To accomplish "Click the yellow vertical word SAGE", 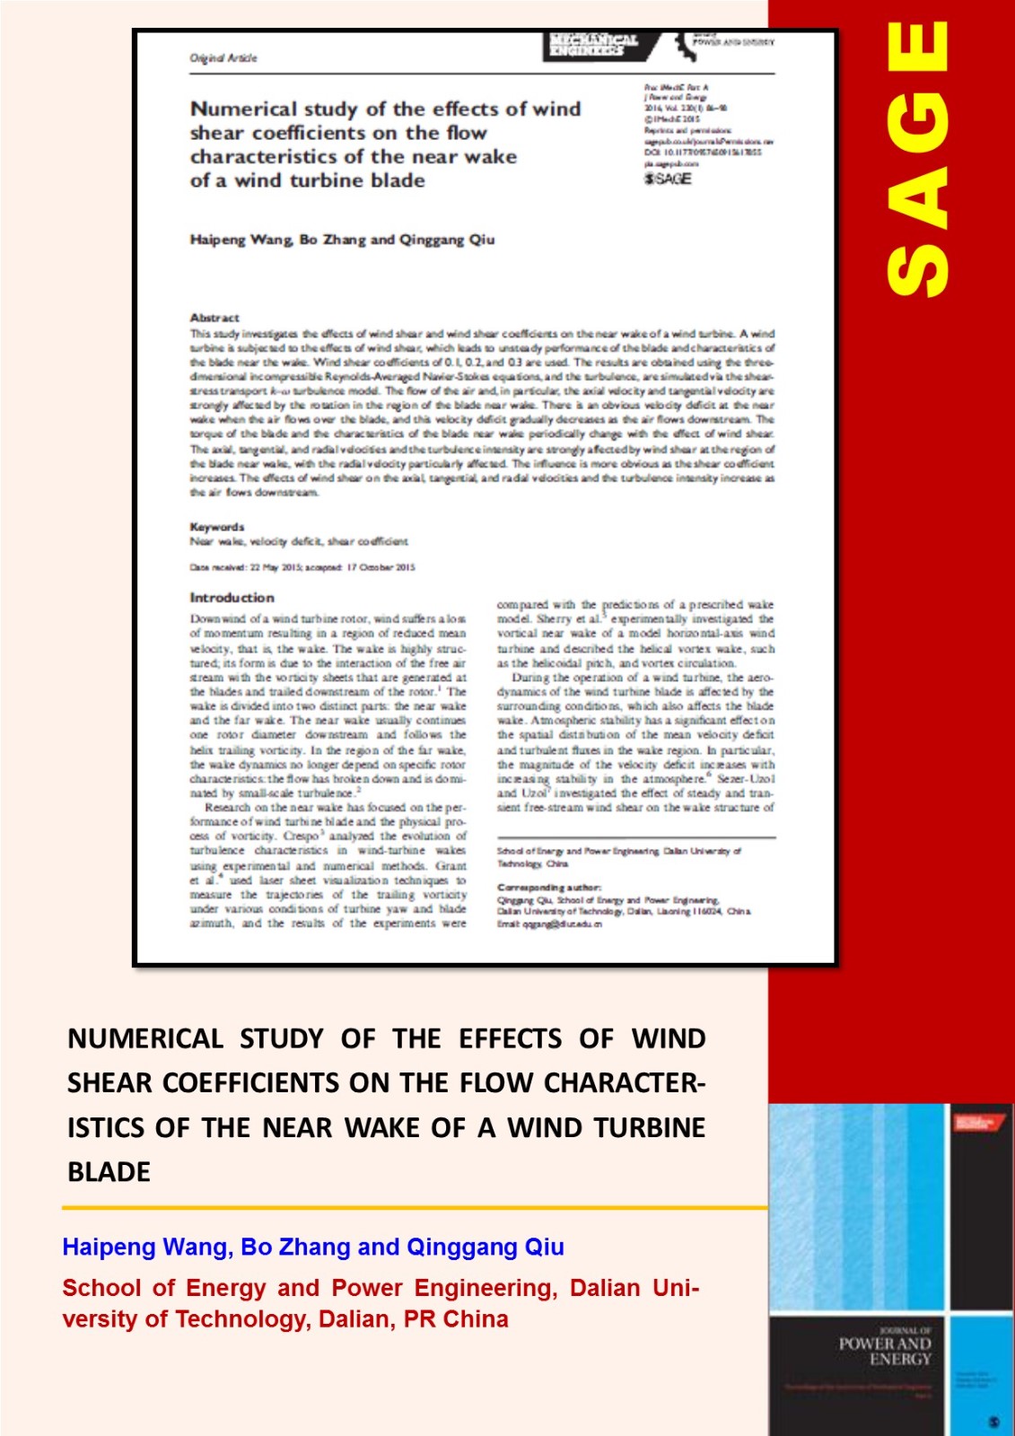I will tap(917, 159).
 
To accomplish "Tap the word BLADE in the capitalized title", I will tap(109, 1171).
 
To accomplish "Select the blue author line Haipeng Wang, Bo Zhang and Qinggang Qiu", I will tap(313, 1247).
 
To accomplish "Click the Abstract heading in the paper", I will tap(214, 318).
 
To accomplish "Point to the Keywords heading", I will tap(217, 527).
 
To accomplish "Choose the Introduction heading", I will tap(232, 598).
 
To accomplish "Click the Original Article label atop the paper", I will tap(223, 57).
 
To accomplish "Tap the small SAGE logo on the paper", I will tap(668, 179).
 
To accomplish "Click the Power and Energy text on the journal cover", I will tap(885, 1351).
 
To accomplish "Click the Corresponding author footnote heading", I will tap(549, 887).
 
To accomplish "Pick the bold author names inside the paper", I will tap(342, 240).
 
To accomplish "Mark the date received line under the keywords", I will tap(302, 567).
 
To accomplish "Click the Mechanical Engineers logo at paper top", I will tap(593, 45).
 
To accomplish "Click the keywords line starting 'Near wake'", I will tap(299, 541).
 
